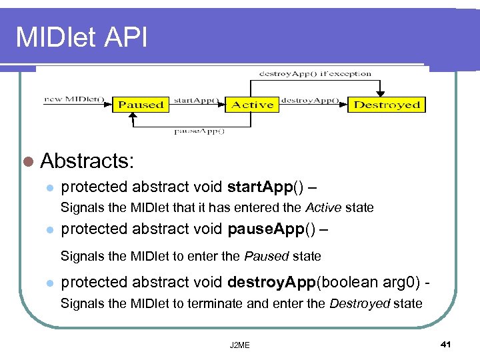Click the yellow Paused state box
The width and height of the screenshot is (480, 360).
pos(141,105)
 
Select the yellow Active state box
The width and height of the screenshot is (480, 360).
pos(252,105)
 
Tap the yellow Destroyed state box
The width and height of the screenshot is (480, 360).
pos(387,105)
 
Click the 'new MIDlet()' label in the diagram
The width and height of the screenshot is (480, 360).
pos(74,99)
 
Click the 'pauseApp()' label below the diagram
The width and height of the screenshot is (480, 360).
pos(199,131)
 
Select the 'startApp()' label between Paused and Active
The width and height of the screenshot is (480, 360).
pos(196,100)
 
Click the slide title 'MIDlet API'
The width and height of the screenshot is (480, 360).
pos(81,37)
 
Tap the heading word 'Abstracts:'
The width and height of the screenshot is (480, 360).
pos(87,160)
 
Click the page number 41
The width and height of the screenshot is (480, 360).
pos(446,344)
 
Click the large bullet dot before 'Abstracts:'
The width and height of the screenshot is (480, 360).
pos(27,161)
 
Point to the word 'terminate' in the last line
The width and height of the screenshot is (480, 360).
pos(219,304)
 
